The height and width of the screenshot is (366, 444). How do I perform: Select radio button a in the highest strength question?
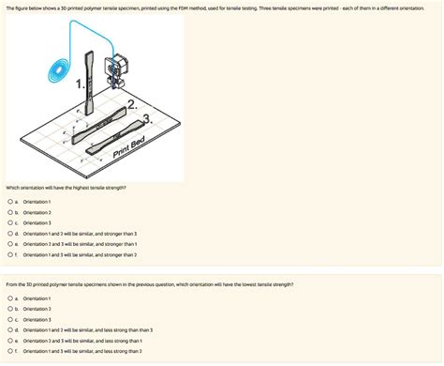[8, 202]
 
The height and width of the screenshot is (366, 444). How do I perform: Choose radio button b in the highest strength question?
[8, 212]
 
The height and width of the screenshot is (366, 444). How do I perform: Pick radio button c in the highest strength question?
[8, 222]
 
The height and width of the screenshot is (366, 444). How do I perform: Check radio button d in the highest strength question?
[8, 233]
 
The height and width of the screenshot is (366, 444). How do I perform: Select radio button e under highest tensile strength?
[8, 243]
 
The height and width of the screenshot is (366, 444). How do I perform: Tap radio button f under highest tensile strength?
[8, 253]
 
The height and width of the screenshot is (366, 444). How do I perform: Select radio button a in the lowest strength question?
[8, 297]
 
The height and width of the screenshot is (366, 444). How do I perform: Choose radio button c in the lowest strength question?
[8, 319]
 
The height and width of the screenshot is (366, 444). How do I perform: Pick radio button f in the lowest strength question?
[8, 350]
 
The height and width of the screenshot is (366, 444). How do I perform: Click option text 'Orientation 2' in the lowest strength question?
[37, 309]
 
